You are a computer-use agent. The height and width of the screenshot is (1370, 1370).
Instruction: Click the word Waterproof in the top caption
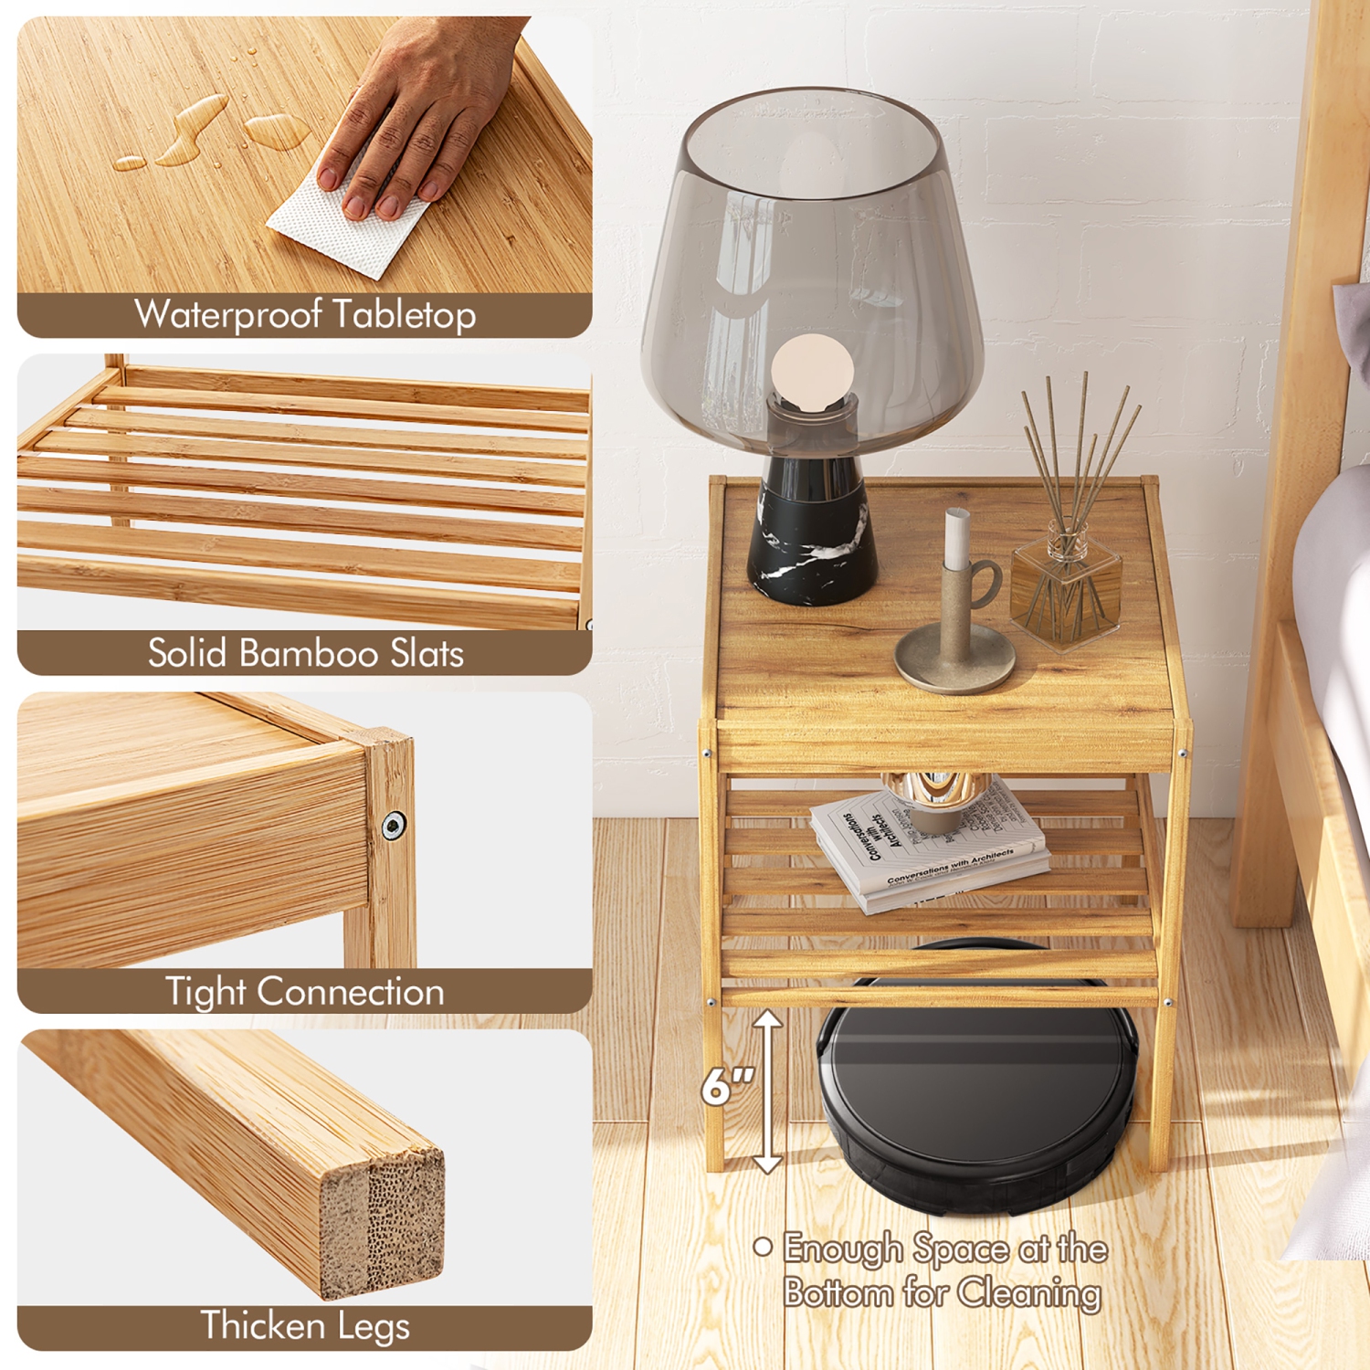coord(228,315)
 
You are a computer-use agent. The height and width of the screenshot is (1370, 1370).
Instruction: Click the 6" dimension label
coord(727,1087)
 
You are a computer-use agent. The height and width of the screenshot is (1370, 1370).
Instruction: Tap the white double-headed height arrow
coord(767,1091)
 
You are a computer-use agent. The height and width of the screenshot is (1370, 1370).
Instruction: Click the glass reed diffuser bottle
coord(1066,589)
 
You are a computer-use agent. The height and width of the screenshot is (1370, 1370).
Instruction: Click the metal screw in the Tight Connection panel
coord(394,825)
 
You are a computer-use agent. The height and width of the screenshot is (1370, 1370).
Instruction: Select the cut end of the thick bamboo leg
coord(382,1219)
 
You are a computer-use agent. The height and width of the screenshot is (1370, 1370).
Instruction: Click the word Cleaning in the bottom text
coord(1029,1293)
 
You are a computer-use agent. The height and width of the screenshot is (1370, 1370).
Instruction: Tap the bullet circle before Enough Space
coord(763,1247)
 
